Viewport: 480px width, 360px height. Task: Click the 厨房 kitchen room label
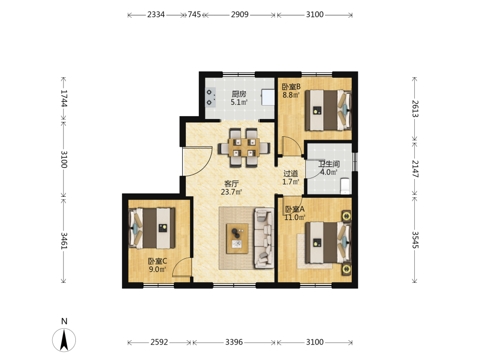click(x=239, y=94)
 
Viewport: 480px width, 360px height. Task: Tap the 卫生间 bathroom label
click(x=329, y=164)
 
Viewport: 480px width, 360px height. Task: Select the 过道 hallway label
click(x=290, y=173)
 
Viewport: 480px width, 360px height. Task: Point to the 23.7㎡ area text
click(x=231, y=192)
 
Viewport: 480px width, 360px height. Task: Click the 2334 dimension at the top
click(x=156, y=14)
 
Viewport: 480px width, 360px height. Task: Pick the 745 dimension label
click(x=194, y=14)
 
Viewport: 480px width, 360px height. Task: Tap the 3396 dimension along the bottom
click(x=234, y=342)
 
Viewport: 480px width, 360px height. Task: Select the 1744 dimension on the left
click(x=64, y=98)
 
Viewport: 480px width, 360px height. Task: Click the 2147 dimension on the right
click(x=415, y=168)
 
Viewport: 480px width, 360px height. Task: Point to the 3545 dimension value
click(x=415, y=240)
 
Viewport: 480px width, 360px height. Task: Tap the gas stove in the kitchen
click(x=210, y=97)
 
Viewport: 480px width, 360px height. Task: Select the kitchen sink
click(x=268, y=97)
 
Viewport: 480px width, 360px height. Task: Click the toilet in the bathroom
click(x=345, y=185)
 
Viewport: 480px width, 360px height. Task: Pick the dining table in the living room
click(x=244, y=147)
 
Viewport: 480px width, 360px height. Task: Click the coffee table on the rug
click(x=237, y=239)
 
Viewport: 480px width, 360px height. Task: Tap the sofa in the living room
click(x=264, y=238)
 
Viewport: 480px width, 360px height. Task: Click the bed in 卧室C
click(x=152, y=228)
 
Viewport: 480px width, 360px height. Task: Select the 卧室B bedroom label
click(x=291, y=87)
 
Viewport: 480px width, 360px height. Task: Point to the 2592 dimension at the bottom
click(x=159, y=342)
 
